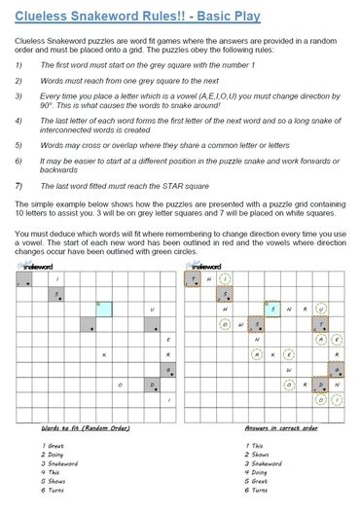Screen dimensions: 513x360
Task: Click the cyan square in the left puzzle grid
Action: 103,309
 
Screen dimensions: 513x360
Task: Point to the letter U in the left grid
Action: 151,310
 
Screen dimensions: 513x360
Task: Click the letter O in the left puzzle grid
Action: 119,385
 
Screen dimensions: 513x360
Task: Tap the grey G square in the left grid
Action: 167,369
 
